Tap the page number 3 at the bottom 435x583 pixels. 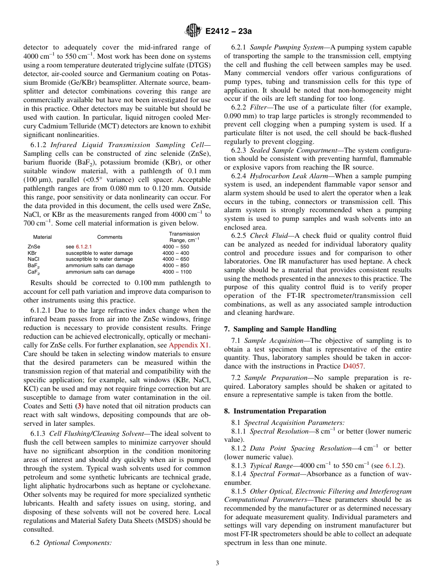[217, 563]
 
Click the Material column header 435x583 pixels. [42, 237]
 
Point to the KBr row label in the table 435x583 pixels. [32, 253]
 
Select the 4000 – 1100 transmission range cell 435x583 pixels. [177, 272]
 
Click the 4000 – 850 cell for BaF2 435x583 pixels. [175, 265]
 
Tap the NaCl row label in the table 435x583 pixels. [33, 259]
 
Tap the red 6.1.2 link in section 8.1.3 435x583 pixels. [394, 465]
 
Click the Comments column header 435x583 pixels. [110, 237]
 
